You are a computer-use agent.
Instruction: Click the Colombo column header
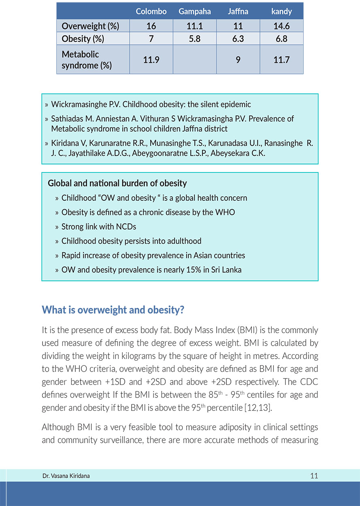(151, 12)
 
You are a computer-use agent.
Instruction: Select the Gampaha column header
(194, 12)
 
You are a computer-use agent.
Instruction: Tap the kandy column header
(281, 12)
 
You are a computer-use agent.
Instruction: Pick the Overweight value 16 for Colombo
(151, 26)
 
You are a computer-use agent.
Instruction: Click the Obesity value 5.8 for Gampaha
(194, 39)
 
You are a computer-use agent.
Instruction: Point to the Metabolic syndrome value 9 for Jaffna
(238, 60)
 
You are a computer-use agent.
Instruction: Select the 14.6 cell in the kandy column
(281, 26)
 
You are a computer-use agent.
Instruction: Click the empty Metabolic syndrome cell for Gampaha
(194, 60)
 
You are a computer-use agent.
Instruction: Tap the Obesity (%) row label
(83, 39)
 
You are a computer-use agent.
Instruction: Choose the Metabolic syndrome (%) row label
(86, 60)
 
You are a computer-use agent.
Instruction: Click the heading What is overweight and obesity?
(113, 310)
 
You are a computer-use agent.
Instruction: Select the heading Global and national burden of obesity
(117, 183)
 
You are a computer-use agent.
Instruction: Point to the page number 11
(314, 476)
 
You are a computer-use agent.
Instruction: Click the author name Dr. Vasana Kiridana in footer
(66, 476)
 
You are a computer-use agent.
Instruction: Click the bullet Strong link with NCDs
(99, 227)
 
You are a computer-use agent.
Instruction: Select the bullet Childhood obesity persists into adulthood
(131, 241)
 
